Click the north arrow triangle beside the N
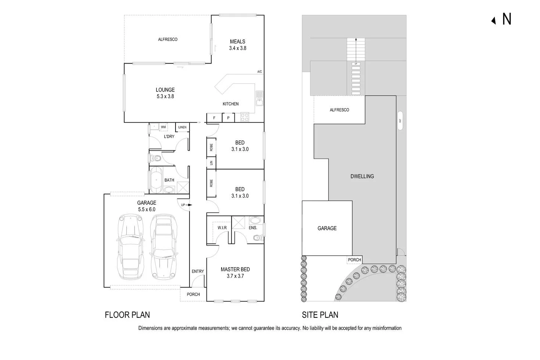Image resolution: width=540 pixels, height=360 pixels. point(493,21)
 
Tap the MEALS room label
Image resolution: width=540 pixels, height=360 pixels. point(237,42)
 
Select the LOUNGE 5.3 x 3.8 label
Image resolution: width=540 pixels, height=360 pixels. point(165,93)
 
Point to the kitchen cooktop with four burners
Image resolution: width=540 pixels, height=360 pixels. point(244,117)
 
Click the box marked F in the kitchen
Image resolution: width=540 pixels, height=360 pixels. point(215,118)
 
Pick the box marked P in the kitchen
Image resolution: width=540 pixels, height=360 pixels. point(228,118)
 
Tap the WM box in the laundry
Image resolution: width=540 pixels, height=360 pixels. point(163,127)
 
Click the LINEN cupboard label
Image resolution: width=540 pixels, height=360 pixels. point(182,127)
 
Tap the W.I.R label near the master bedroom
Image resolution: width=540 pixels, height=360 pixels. point(222,228)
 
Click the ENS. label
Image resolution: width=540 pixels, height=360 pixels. point(253,228)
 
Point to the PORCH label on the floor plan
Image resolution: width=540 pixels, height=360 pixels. point(193,294)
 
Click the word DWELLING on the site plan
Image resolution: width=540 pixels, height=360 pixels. point(362,176)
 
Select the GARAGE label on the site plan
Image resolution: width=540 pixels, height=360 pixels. point(327,228)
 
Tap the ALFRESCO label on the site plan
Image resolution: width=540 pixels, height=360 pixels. point(339,110)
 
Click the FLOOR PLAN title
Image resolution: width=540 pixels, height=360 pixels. point(127,315)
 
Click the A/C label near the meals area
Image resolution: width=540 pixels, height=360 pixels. point(259,72)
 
